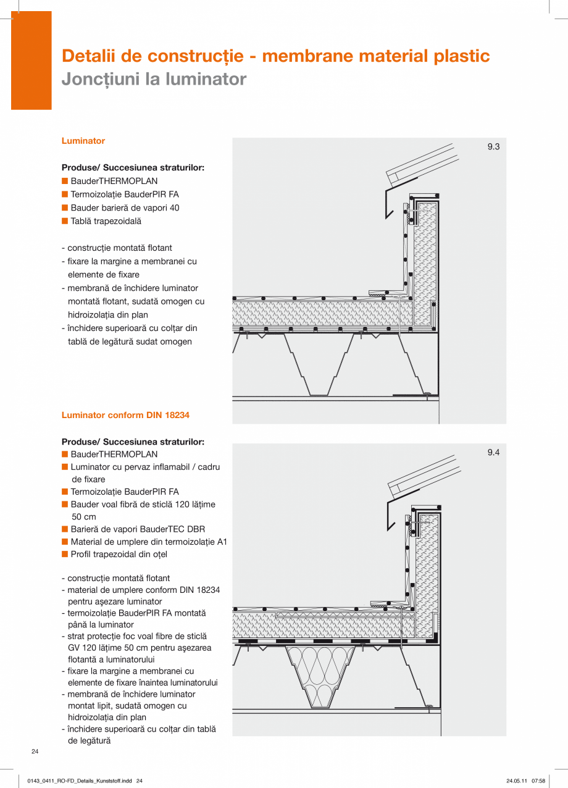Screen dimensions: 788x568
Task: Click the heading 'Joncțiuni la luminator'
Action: tap(154, 79)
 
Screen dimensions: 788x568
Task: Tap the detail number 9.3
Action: tap(493, 147)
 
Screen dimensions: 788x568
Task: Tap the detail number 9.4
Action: tap(493, 453)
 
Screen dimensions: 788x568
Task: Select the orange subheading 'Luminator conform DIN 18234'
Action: tap(125, 415)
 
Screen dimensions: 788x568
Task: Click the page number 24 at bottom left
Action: tap(35, 752)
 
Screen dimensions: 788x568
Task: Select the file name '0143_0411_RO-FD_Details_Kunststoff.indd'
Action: tap(80, 781)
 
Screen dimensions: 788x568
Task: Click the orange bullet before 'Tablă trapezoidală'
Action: tap(64, 221)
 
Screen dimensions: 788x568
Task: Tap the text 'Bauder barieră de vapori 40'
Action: tap(125, 208)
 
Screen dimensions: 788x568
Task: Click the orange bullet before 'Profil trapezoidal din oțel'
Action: tap(64, 554)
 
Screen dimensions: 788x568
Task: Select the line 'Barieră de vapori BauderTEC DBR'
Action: tap(138, 529)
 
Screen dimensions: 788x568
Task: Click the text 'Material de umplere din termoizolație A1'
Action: tap(149, 542)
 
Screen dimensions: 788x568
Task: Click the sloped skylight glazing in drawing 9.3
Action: tap(420, 161)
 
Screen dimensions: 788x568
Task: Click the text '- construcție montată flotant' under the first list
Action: tap(117, 248)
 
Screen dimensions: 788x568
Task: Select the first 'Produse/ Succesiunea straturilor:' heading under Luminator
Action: tap(133, 167)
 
